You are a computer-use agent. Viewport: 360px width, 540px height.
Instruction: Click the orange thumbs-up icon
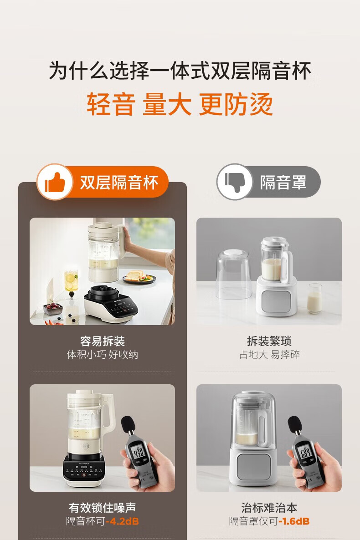click(55, 182)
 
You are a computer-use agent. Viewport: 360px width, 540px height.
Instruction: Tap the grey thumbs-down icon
click(234, 181)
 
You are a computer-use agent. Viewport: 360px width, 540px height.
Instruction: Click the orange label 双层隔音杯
click(119, 182)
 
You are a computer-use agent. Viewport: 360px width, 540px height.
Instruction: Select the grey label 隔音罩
click(283, 182)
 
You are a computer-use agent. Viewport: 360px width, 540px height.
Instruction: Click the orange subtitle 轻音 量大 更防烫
click(180, 104)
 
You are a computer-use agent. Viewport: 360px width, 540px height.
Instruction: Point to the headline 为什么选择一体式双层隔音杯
click(180, 70)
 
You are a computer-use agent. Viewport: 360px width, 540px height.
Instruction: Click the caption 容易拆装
click(103, 341)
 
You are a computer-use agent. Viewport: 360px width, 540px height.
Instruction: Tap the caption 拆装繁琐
click(269, 341)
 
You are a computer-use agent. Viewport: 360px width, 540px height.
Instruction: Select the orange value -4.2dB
click(122, 521)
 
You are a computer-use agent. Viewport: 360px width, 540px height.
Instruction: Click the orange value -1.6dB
click(293, 521)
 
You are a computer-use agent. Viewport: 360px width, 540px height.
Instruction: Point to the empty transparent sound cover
click(235, 274)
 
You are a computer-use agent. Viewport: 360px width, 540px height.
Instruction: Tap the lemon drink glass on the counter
click(71, 282)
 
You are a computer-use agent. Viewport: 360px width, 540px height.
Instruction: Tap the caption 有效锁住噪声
click(103, 508)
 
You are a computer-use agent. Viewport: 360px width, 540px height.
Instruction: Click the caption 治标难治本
click(269, 508)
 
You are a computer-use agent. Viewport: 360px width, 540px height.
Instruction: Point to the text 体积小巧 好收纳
click(103, 354)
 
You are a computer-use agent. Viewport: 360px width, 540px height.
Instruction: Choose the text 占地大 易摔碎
click(269, 354)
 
